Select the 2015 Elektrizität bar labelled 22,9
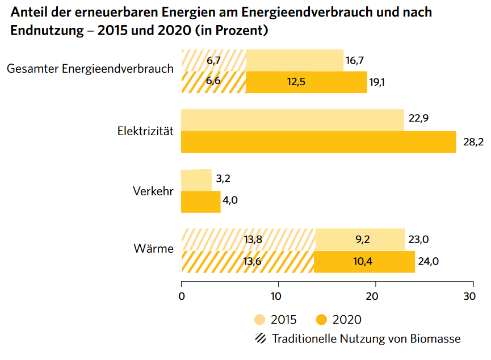tap(292, 120)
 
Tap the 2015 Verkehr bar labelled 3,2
tap(196, 179)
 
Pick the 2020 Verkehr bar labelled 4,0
tap(200, 202)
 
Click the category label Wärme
tap(153, 248)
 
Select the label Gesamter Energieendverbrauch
tap(90, 69)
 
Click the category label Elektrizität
tap(145, 131)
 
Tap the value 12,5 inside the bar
tap(296, 82)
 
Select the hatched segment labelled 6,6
tap(213, 82)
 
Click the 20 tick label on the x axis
tap(373, 296)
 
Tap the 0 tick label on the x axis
tap(181, 296)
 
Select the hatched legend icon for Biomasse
tap(261, 339)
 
